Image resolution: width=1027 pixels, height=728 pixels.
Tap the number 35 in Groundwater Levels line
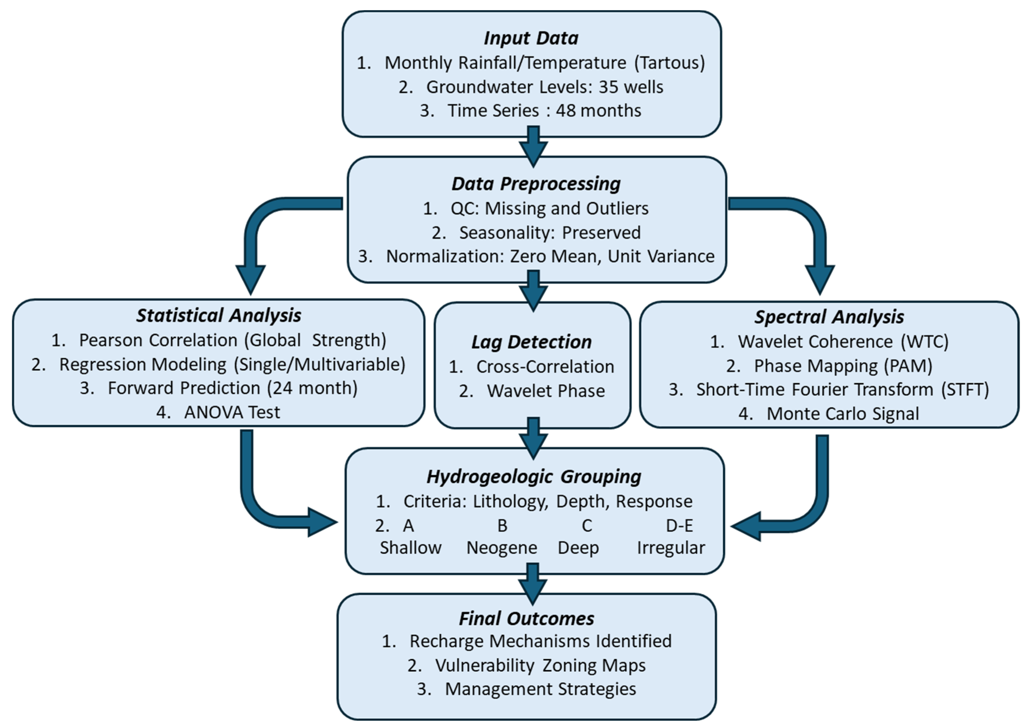(609, 87)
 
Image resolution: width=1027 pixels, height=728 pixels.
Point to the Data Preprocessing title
(536, 184)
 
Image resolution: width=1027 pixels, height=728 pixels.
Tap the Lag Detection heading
(531, 342)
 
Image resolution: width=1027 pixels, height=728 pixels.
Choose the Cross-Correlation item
(545, 367)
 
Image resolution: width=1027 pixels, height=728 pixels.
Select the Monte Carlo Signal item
(842, 414)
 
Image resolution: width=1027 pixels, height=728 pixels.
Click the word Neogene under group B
(502, 548)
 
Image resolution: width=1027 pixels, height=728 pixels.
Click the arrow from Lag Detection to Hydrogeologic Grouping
(533, 437)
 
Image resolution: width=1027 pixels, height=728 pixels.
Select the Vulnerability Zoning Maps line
(540, 665)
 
